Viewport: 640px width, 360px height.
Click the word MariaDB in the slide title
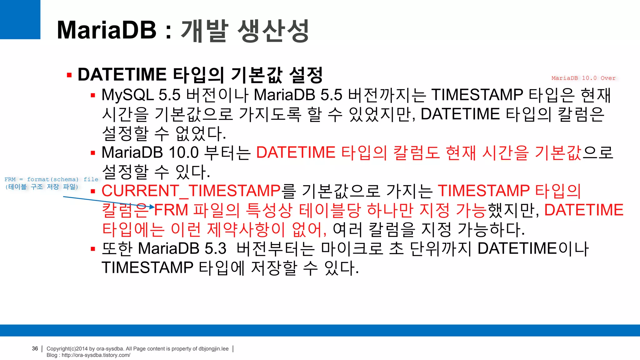tap(107, 30)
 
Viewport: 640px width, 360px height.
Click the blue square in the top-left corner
tap(20, 19)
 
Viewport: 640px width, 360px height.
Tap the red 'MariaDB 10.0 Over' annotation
tap(583, 78)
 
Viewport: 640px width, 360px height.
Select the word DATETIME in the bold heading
tap(122, 75)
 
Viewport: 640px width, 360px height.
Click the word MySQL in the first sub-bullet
tap(127, 95)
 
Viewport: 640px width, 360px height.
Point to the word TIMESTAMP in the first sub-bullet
tap(477, 95)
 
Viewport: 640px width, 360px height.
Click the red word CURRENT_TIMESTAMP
tap(191, 191)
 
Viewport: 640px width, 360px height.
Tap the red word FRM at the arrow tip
tap(171, 210)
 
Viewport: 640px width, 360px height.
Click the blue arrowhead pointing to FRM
tap(152, 207)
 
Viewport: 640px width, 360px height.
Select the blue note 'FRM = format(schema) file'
tap(51, 179)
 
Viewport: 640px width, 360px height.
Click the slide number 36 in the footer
tap(35, 348)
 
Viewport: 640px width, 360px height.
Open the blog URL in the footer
tap(96, 355)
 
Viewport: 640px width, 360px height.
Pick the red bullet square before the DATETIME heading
tap(69, 75)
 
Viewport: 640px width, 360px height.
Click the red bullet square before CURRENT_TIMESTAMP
tap(93, 192)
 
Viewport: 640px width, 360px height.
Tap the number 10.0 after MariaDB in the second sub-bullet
tap(183, 153)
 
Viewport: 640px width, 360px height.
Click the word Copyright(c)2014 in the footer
tap(67, 349)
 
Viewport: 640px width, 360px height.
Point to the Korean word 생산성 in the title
tap(273, 31)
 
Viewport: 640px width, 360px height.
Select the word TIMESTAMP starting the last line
tap(147, 268)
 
